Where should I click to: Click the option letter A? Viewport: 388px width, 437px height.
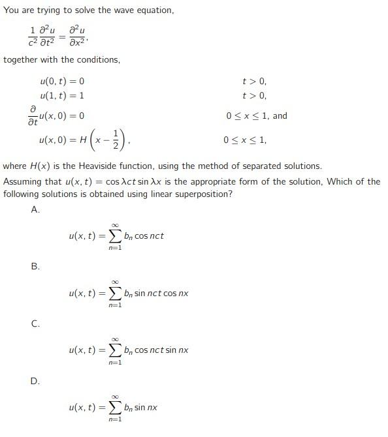35,209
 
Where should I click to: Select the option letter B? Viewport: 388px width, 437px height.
35,266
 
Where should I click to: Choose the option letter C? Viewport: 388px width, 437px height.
35,324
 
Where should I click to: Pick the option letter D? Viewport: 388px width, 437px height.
35,381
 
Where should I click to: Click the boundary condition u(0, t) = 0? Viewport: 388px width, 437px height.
62,82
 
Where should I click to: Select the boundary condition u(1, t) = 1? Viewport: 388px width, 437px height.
62,96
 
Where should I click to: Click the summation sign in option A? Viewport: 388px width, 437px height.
114,235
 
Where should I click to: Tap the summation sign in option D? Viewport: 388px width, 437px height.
114,408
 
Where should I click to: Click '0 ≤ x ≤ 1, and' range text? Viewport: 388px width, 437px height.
257,116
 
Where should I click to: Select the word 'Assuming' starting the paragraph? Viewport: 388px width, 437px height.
22,181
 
